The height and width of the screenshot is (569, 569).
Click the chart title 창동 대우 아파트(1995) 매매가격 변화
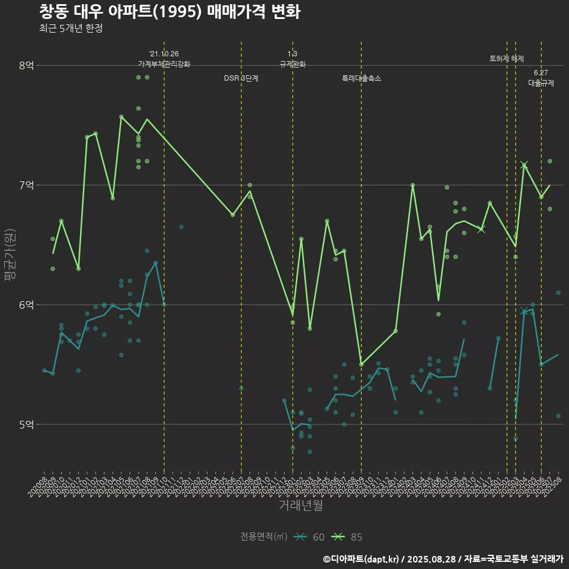[170, 12]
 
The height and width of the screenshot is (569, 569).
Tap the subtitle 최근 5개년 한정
[71, 28]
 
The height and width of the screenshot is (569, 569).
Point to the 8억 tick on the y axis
[26, 65]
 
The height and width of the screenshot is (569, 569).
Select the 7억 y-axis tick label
[26, 185]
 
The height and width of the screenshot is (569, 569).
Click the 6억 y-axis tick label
[26, 305]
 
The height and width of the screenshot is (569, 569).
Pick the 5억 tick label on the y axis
[26, 424]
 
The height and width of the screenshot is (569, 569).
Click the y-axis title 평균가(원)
[10, 255]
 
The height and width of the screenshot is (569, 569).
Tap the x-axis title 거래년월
[301, 506]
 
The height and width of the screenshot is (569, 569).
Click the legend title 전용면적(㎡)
[264, 537]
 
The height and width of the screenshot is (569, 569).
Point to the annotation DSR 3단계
[241, 78]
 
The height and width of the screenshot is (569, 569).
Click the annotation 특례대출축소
[362, 78]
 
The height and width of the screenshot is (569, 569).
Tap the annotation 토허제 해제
[507, 59]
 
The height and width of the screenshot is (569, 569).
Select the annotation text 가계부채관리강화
[164, 64]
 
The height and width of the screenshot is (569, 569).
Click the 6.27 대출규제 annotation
[541, 78]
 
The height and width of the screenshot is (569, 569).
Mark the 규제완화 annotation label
[292, 64]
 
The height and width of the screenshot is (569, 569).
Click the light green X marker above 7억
[524, 165]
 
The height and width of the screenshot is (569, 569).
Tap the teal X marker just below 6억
[524, 311]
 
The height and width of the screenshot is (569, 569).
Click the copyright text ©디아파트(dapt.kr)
[361, 559]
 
